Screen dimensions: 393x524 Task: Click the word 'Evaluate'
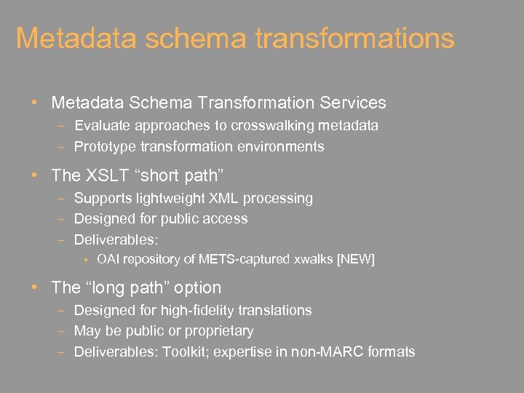click(x=101, y=125)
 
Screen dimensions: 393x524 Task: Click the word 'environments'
click(x=279, y=146)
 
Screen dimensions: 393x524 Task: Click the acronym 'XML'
click(x=224, y=198)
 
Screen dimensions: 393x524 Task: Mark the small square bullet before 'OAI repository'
click(x=86, y=259)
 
